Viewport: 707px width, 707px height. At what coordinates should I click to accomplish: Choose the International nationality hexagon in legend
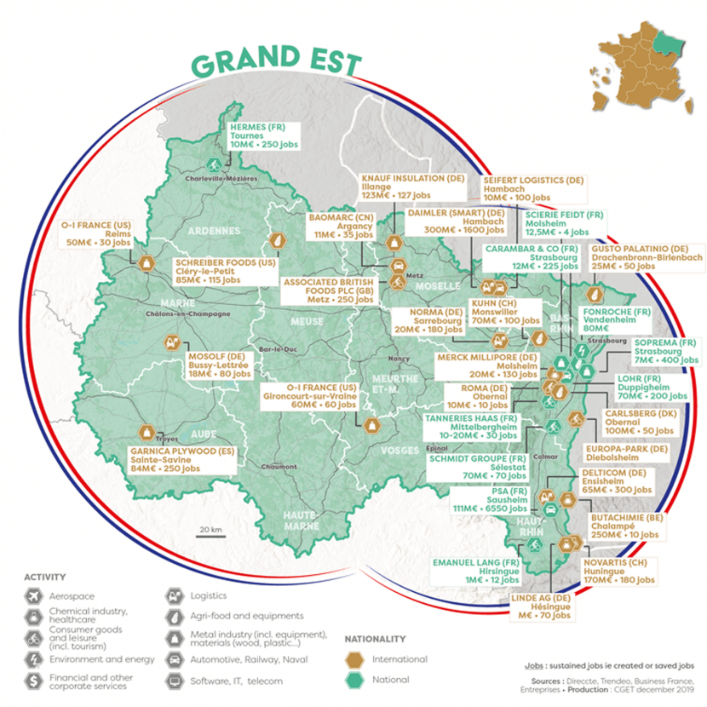tap(358, 659)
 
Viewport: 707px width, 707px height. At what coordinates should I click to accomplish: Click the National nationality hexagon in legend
tap(358, 680)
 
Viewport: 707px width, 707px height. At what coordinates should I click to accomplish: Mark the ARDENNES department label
tap(209, 230)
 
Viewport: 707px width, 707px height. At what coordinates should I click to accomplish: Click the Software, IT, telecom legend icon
tap(175, 681)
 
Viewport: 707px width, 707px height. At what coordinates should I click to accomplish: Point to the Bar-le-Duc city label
tap(277, 350)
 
